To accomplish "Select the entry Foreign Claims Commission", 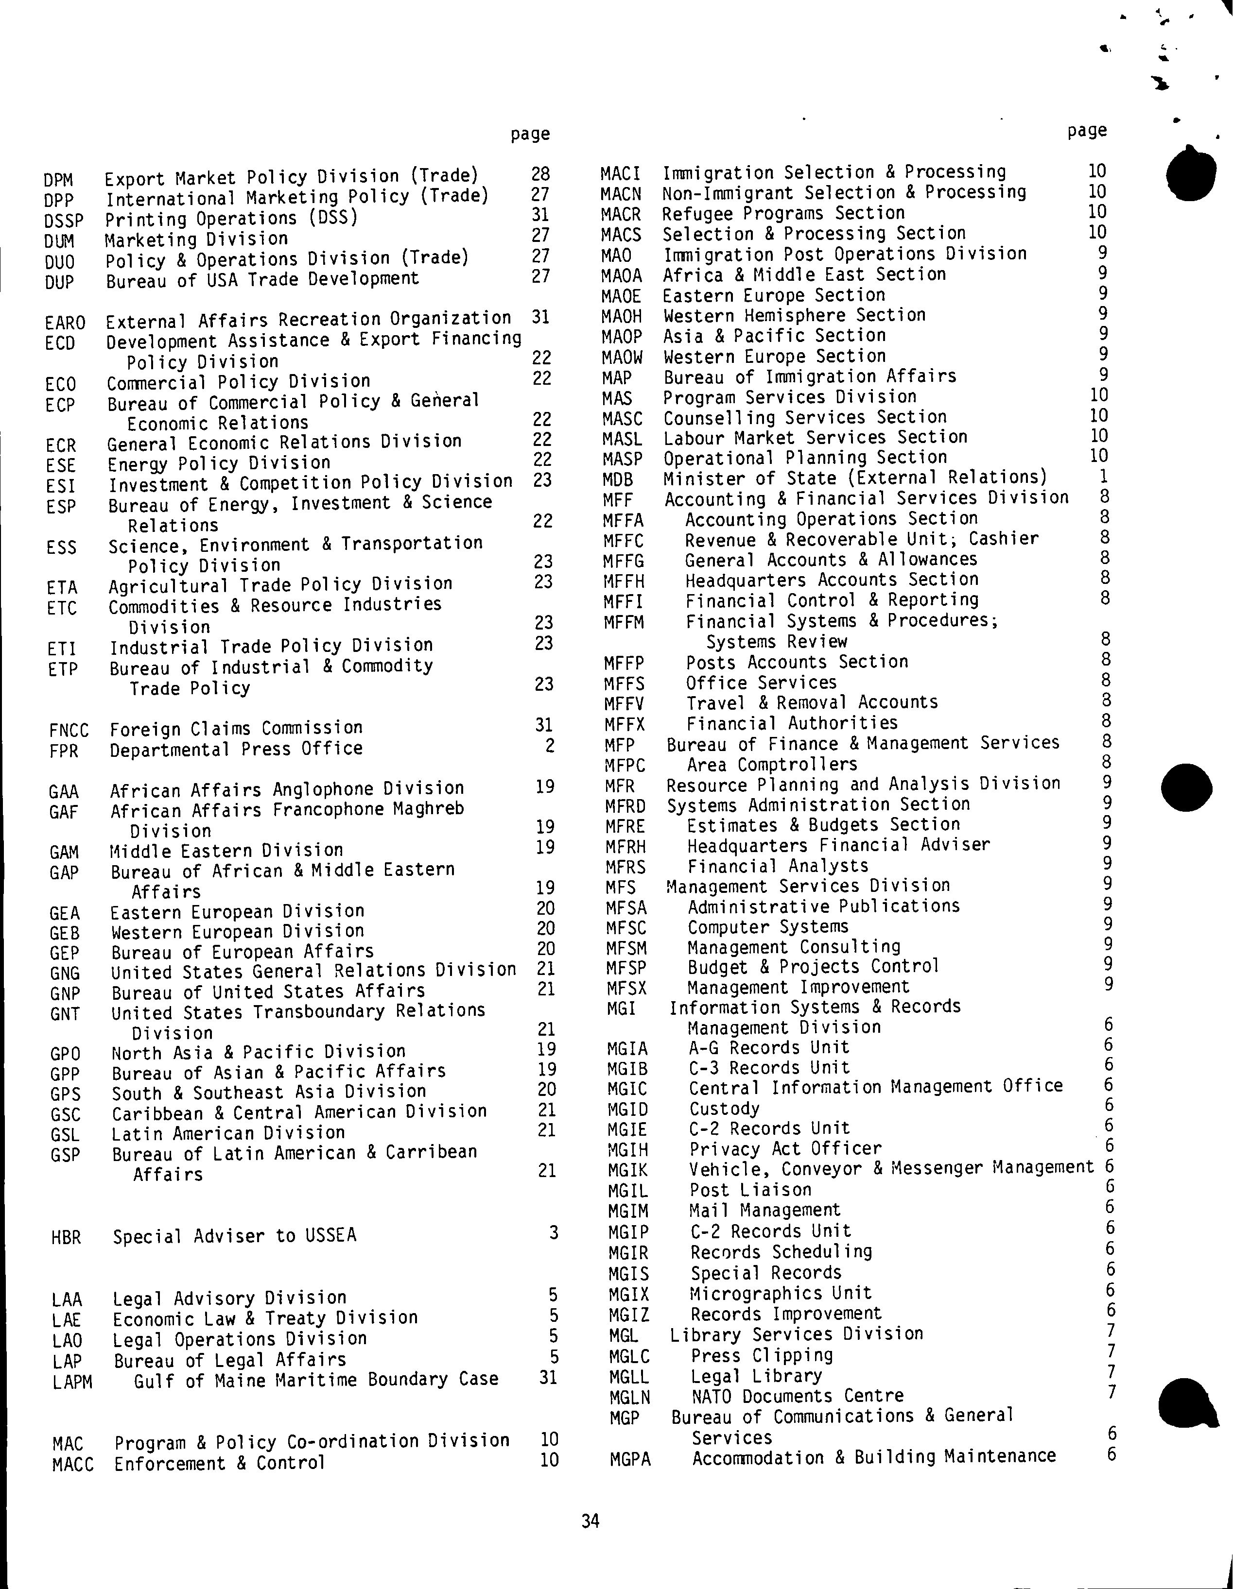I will [x=236, y=728].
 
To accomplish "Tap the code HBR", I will [x=66, y=1237].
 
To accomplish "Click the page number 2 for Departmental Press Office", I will [x=550, y=746].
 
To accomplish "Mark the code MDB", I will [x=618, y=480].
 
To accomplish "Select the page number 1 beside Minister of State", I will [x=1103, y=477].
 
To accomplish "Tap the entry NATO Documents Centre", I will [x=797, y=1396].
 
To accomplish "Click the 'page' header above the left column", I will [x=530, y=134].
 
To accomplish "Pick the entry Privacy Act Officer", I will [x=785, y=1148].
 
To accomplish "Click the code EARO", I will [x=65, y=322].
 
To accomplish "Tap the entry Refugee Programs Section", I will [x=783, y=213].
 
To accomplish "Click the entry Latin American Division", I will [x=228, y=1133].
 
